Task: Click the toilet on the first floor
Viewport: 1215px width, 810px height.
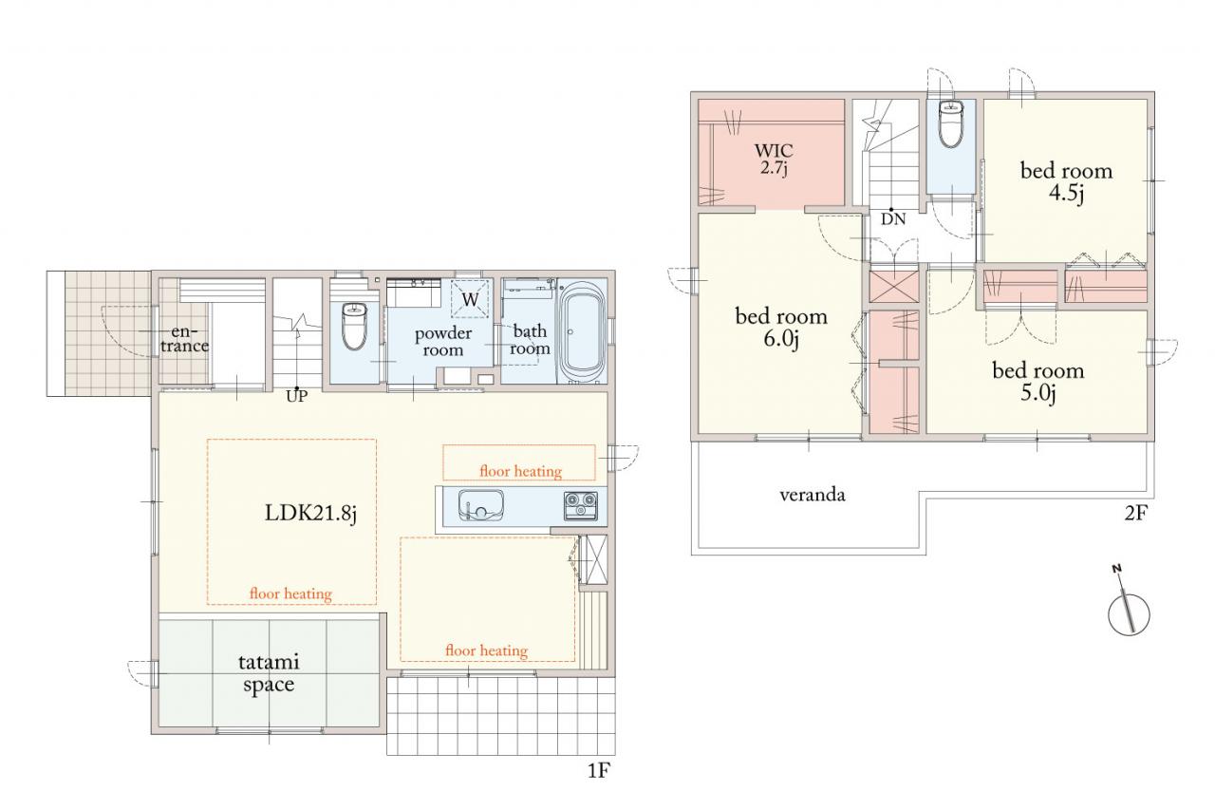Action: point(355,325)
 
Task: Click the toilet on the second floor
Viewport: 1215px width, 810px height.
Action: point(951,123)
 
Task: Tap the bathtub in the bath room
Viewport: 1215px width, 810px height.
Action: point(582,333)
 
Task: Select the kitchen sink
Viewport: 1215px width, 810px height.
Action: point(480,505)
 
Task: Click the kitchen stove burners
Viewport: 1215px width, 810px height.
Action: point(581,505)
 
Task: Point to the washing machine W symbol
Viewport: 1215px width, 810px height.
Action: point(470,298)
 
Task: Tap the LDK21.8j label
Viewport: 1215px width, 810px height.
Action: point(310,513)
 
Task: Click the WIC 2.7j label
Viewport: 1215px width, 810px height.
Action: point(774,159)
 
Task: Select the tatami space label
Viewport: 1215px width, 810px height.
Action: point(269,673)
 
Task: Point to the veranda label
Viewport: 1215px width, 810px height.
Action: point(812,495)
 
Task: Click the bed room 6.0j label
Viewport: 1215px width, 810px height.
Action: point(781,328)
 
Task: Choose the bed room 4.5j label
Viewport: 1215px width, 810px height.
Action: point(1066,182)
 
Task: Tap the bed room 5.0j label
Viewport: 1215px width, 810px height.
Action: point(1038,382)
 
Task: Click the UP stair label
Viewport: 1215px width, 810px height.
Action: point(297,397)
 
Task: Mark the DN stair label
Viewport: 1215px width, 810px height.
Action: point(893,219)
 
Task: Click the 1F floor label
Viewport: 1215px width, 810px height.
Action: point(599,770)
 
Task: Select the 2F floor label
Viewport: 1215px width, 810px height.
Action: point(1136,513)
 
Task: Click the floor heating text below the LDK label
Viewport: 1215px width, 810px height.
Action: point(290,593)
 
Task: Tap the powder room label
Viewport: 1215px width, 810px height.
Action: point(442,342)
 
